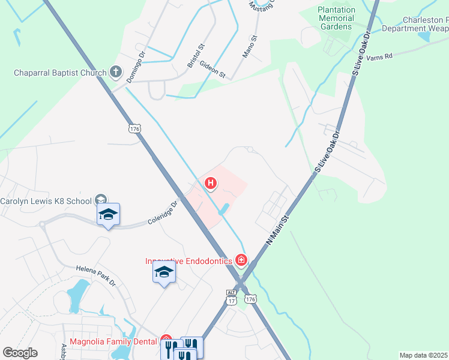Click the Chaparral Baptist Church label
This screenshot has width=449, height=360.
[x=60, y=73]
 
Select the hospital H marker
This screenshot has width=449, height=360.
[x=211, y=182]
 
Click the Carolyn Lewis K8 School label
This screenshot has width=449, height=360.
[x=46, y=201]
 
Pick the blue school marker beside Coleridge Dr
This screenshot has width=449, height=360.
[x=108, y=215]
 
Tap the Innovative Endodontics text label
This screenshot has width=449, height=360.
[x=188, y=260]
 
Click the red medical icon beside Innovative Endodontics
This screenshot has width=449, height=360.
[x=241, y=260]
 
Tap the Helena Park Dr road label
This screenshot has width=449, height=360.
[x=95, y=275]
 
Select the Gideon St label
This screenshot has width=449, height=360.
[x=213, y=70]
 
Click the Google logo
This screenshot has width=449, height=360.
[x=20, y=353]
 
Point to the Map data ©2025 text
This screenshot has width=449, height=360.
[x=423, y=355]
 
